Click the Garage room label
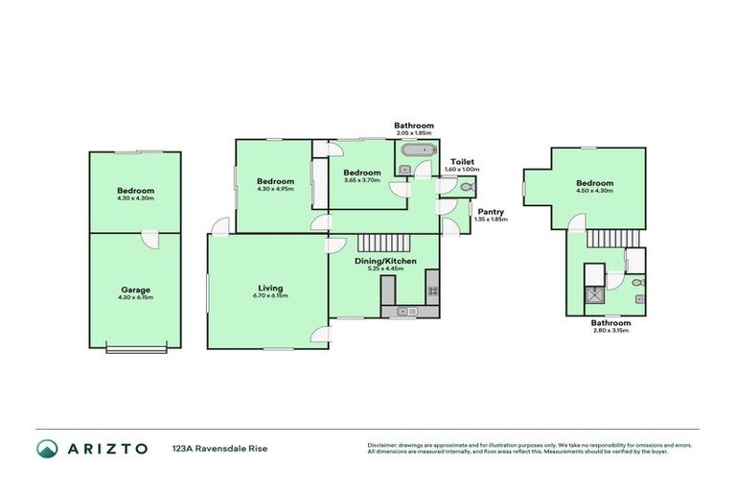[135, 289]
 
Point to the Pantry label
[490, 212]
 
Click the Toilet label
[463, 162]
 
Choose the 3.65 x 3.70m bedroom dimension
[361, 180]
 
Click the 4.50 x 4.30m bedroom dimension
[594, 190]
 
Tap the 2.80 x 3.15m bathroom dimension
[610, 331]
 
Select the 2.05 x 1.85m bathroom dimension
[414, 132]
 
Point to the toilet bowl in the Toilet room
[466, 177]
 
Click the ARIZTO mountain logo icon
[47, 448]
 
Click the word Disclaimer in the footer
[383, 445]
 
